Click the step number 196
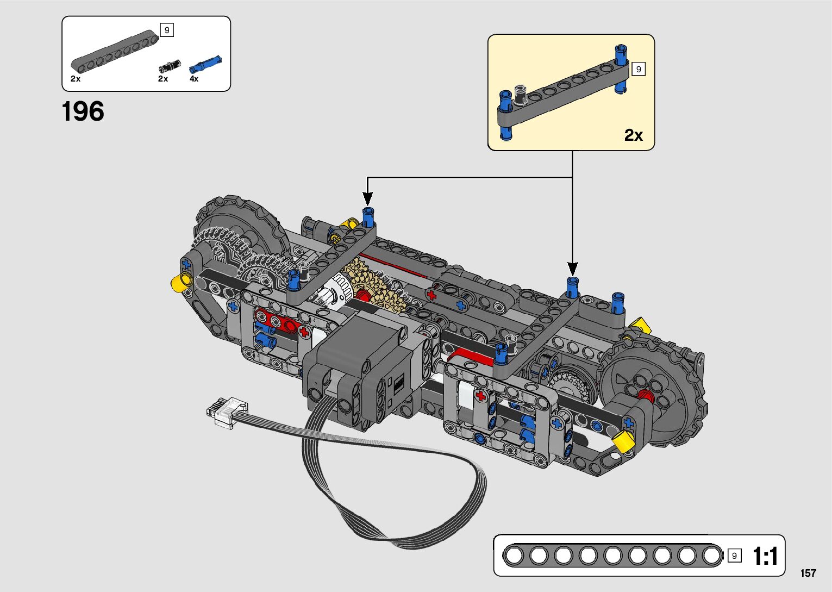[83, 111]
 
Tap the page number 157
[808, 574]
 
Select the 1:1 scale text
[765, 556]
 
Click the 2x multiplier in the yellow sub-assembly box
[633, 135]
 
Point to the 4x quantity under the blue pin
[194, 79]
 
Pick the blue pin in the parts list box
[205, 64]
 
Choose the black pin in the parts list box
[170, 66]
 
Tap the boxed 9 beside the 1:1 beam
[734, 556]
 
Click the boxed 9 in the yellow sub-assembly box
[639, 69]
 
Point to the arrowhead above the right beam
[572, 269]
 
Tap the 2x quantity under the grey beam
[76, 79]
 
